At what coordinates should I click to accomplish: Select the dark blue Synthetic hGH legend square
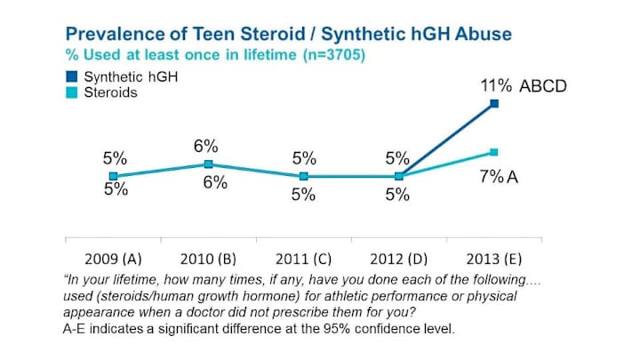72,76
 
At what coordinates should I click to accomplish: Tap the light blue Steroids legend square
72,92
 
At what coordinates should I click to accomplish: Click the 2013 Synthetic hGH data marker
494,104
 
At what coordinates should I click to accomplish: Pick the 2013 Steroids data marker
494,152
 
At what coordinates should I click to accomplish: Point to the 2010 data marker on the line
208,164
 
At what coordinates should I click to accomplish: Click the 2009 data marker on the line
113,176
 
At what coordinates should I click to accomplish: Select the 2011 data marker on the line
304,176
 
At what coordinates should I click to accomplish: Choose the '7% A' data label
499,177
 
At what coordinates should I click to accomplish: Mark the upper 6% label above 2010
207,146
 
